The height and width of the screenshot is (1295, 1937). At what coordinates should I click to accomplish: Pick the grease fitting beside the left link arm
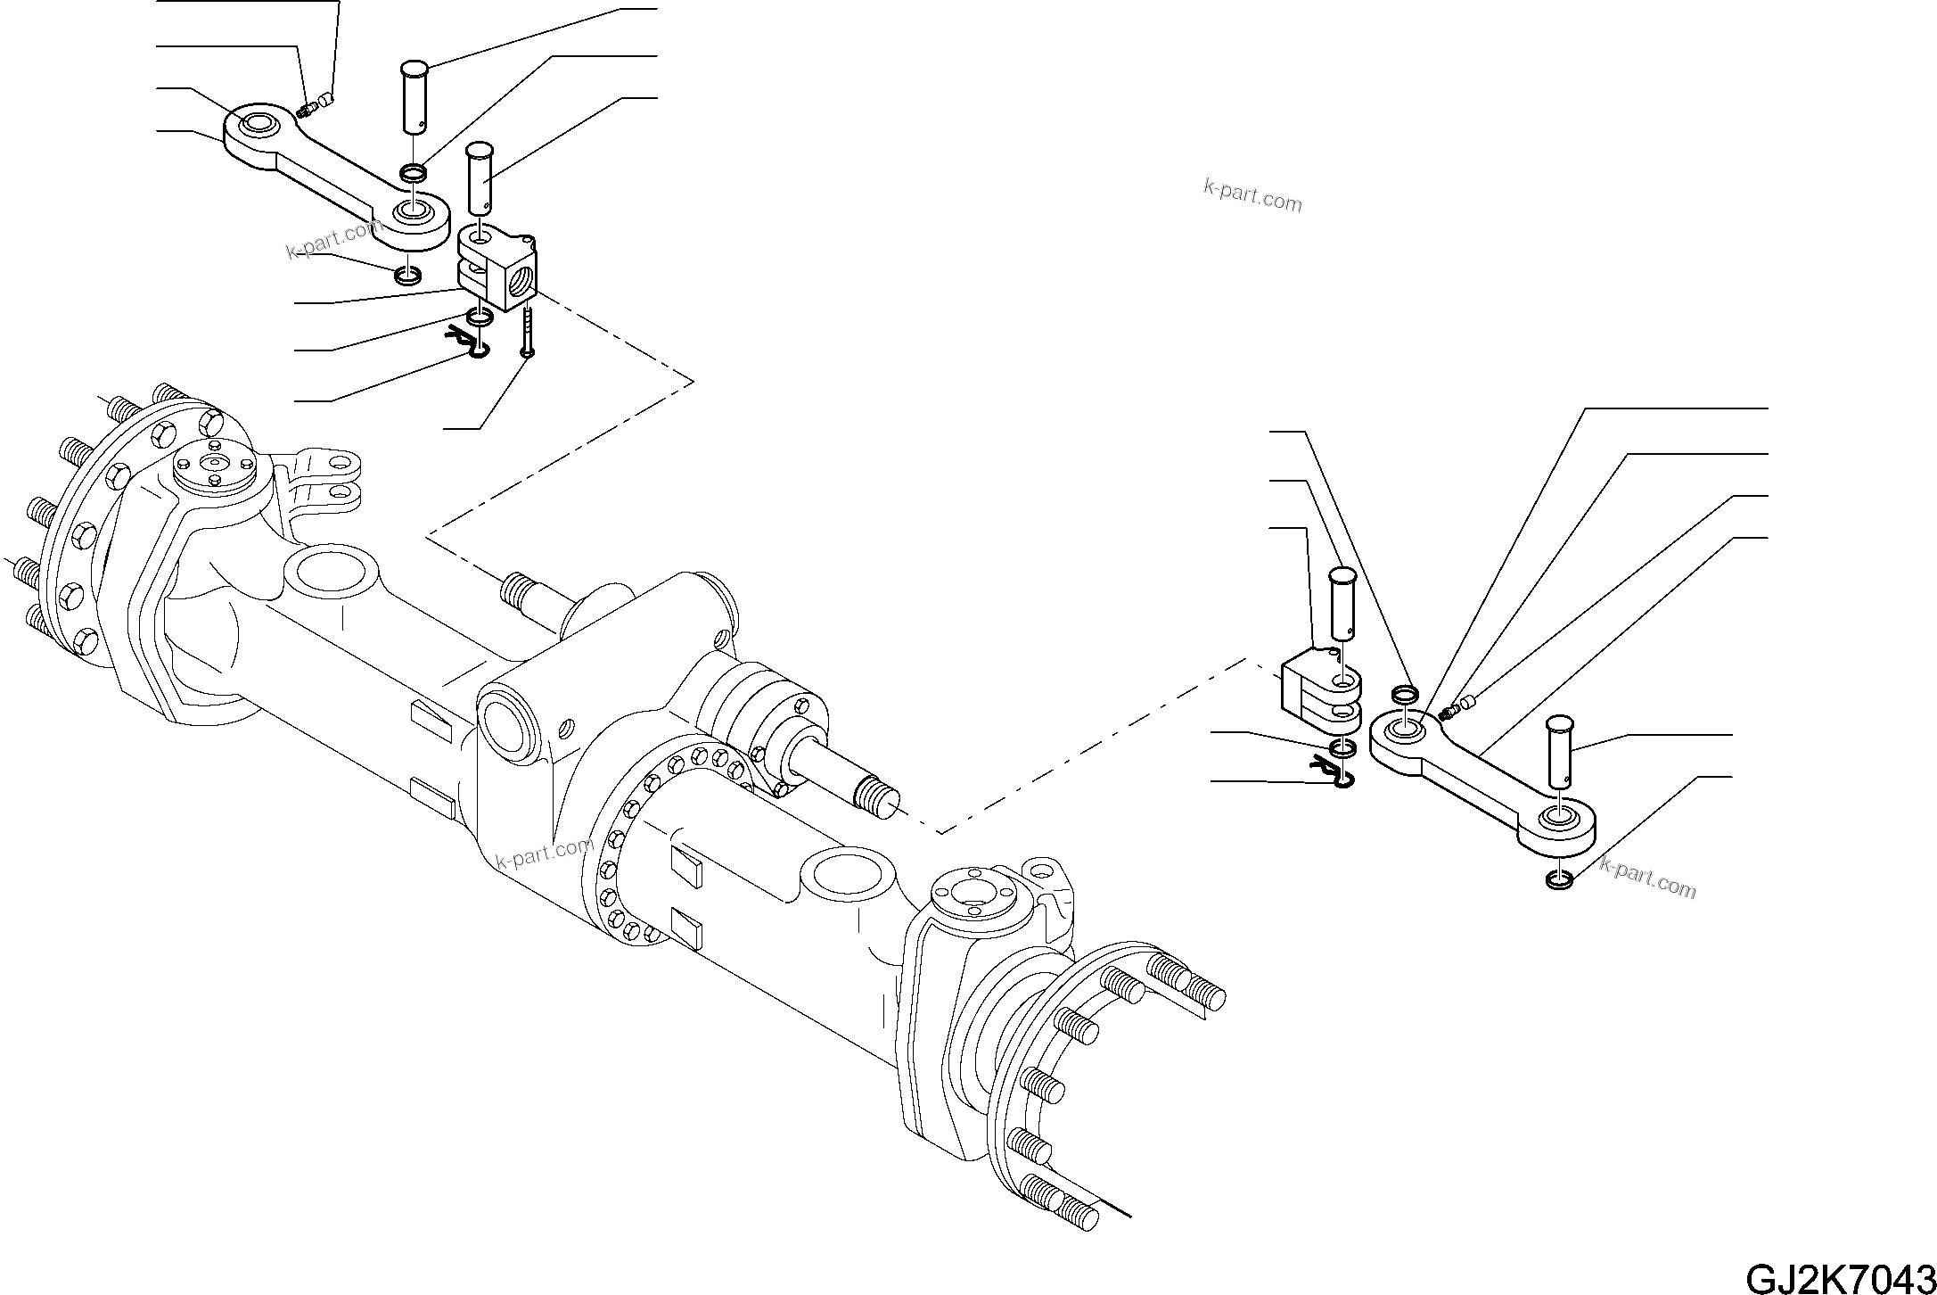pos(308,110)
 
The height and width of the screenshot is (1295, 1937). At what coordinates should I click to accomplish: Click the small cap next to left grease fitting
pos(327,98)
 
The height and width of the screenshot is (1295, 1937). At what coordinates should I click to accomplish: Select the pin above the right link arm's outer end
pos(1558,751)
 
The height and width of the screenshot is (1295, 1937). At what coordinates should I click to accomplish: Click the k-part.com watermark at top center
pos(1252,196)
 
